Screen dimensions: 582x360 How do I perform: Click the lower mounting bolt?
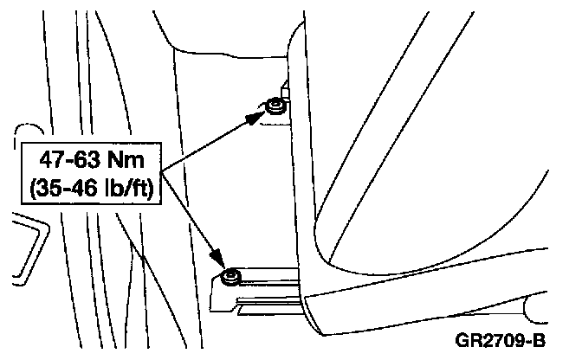tap(230, 277)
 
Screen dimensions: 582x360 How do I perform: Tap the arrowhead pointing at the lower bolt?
tap(221, 261)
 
